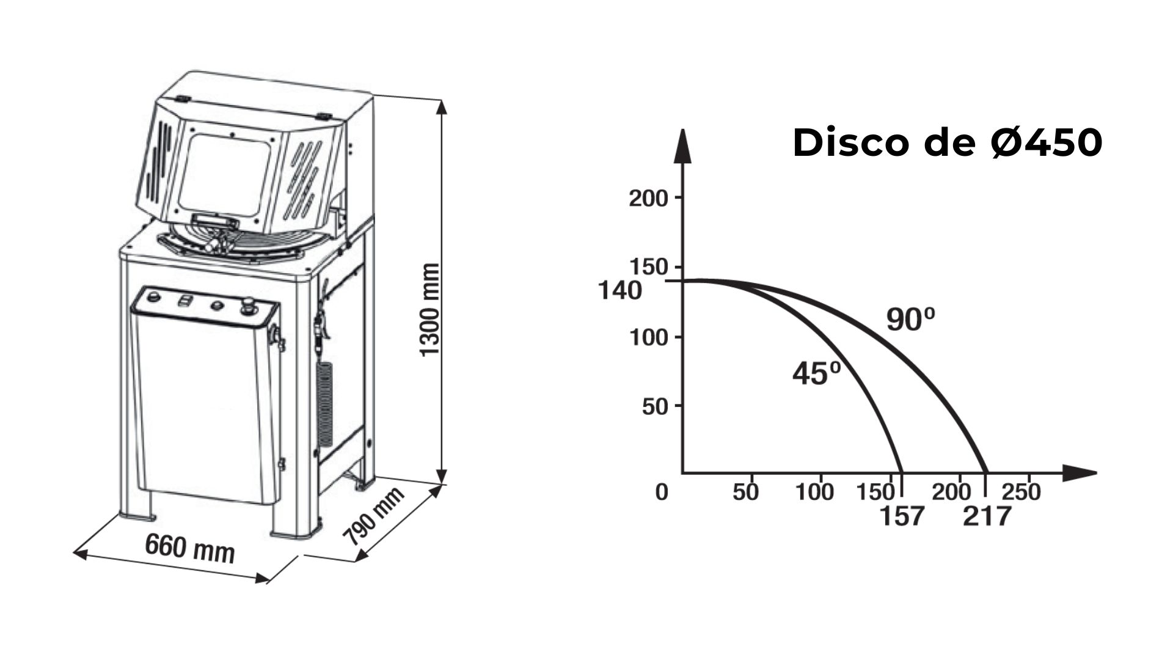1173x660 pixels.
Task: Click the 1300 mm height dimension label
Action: point(430,310)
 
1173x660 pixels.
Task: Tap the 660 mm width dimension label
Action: point(190,547)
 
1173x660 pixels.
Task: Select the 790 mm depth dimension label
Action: point(373,517)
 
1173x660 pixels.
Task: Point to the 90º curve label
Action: point(911,319)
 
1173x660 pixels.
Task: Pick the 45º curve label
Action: point(817,373)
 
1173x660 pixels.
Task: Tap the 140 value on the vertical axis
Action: point(620,290)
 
